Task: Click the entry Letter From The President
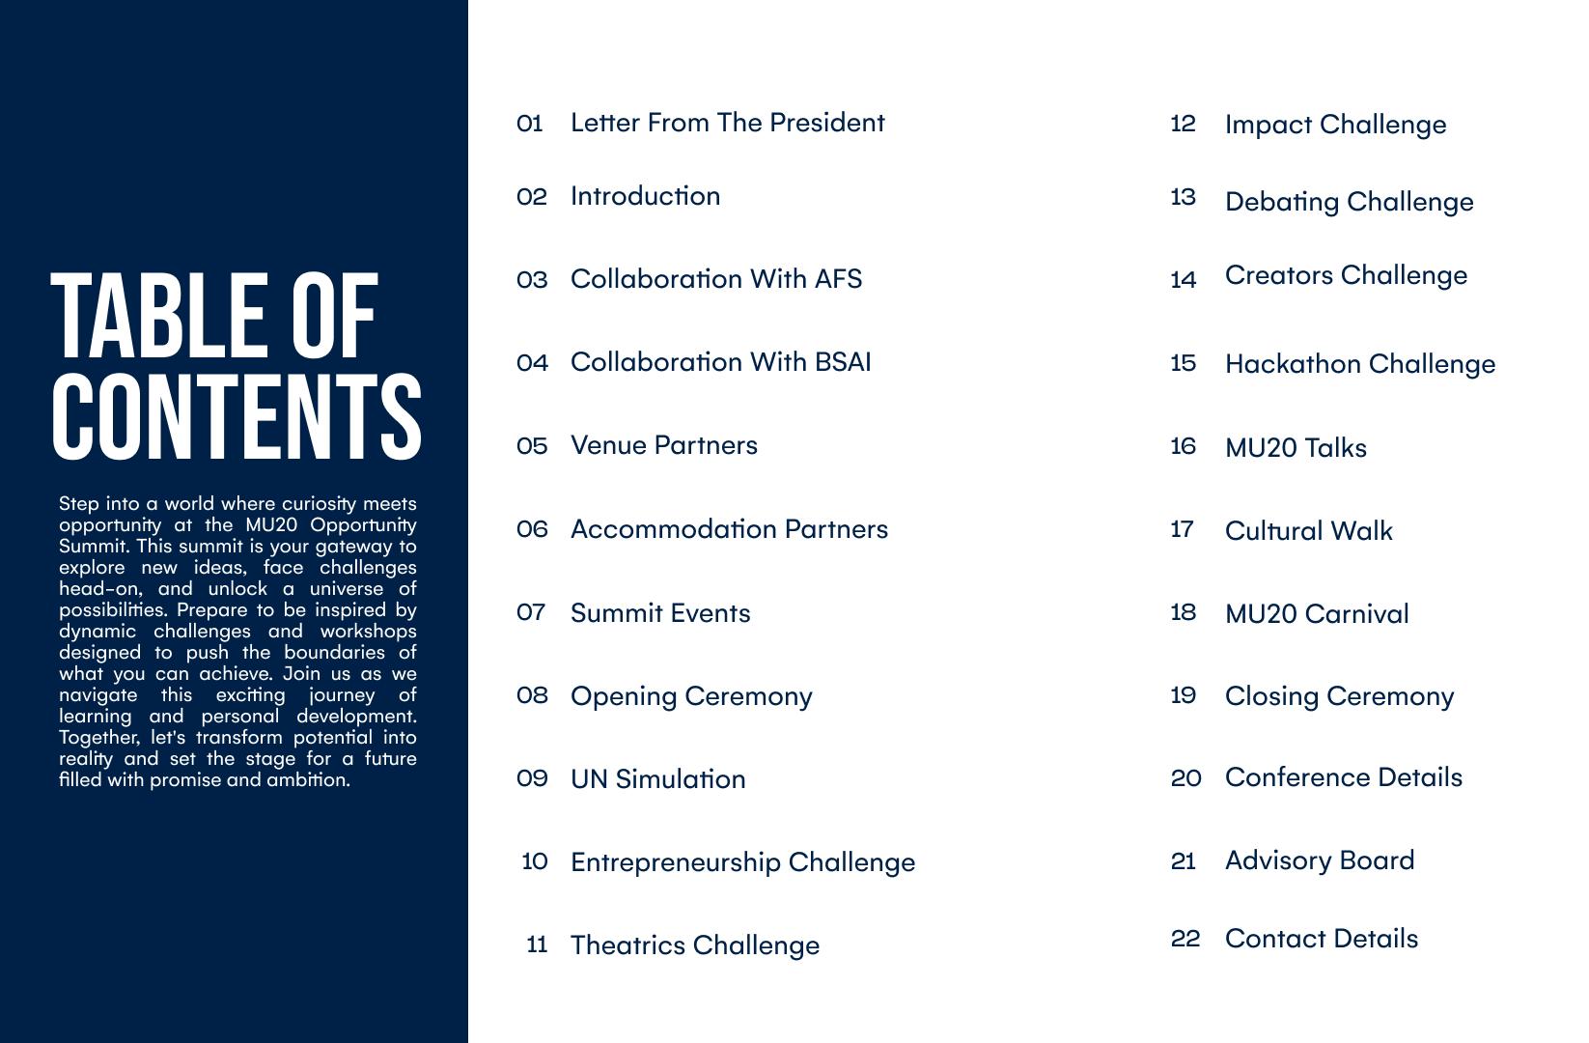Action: tap(727, 123)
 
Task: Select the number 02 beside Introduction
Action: tap(532, 197)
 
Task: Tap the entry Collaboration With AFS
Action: tap(715, 279)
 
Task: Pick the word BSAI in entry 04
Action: tap(843, 362)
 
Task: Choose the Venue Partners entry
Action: tap(663, 445)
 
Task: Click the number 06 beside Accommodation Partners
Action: tap(532, 529)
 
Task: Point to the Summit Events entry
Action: tap(659, 613)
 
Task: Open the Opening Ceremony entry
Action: tap(691, 696)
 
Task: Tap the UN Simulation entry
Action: tap(657, 779)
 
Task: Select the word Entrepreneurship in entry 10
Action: tap(675, 862)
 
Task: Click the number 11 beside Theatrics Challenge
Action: tap(537, 944)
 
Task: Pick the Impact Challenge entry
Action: tap(1335, 125)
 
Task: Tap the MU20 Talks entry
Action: tap(1296, 448)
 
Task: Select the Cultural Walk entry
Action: tap(1308, 531)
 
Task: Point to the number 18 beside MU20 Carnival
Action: tap(1184, 612)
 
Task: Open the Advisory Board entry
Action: tap(1319, 860)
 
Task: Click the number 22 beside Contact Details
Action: tap(1185, 939)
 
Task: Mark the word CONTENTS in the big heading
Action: tap(236, 416)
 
